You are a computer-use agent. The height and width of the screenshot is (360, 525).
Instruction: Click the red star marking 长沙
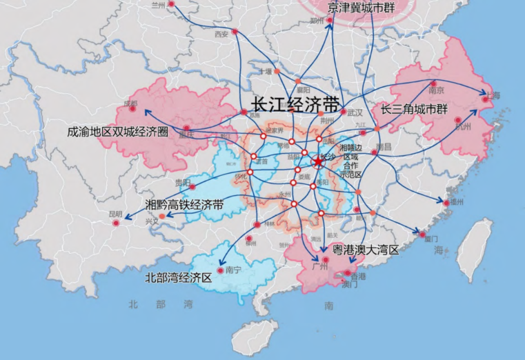[317, 162]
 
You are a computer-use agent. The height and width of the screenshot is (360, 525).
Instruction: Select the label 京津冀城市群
[362, 8]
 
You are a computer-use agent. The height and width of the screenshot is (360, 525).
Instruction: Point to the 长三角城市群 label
[415, 110]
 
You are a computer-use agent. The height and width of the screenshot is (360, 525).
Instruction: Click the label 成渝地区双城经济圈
[118, 132]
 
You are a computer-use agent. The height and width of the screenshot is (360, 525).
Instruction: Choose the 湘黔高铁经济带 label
[184, 205]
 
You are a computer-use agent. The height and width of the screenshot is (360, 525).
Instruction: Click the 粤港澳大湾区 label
[366, 250]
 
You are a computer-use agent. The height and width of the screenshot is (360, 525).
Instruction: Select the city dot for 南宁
[221, 270]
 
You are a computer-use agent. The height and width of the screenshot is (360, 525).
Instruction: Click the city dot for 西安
[235, 32]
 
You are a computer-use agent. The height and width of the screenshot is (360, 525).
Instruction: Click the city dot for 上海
[485, 100]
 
